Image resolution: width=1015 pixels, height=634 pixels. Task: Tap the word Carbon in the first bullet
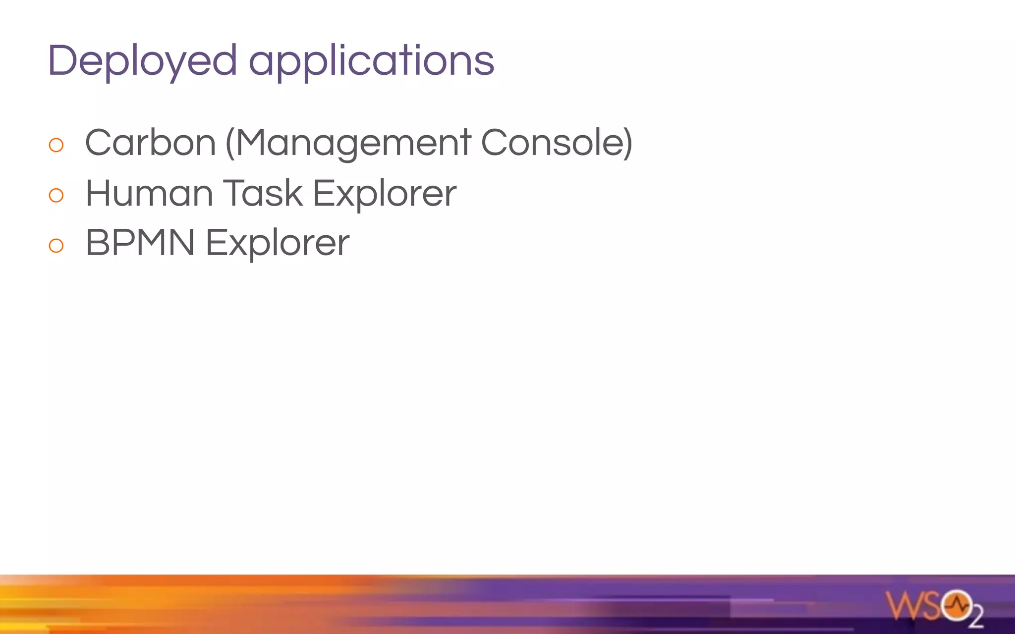pos(151,143)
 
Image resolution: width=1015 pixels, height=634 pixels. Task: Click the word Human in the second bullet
pos(149,193)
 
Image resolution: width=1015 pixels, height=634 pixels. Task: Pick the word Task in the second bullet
pos(263,193)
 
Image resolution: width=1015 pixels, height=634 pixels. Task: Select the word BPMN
pos(140,243)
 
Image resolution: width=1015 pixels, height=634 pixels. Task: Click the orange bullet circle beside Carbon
pos(56,145)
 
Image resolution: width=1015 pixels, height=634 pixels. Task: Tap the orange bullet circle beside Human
pos(56,196)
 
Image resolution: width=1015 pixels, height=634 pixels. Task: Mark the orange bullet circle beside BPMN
pos(56,246)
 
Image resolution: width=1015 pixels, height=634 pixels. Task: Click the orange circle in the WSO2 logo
pos(957,605)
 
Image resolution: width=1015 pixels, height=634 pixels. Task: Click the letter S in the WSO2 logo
pos(930,605)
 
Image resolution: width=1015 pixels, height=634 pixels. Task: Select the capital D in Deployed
pos(63,60)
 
